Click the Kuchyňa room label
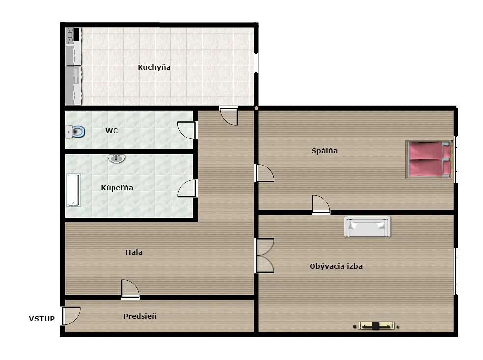154,67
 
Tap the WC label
112,131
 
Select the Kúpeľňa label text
117,187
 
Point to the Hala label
134,252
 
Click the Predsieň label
140,316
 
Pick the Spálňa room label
324,151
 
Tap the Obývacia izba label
336,266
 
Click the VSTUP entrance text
42,319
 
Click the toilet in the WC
76,132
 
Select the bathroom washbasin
116,158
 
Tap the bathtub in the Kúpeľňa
73,190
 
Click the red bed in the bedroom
429,160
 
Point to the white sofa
367,226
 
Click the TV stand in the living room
376,326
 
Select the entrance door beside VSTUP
71,316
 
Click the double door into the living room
264,255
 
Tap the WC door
187,130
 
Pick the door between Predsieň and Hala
130,289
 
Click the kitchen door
228,115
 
